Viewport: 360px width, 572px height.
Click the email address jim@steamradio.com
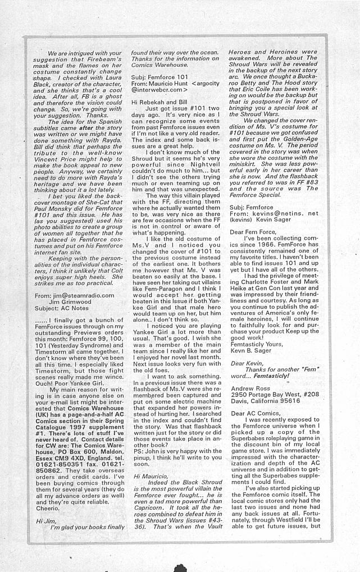pyautogui.click(x=84, y=295)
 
